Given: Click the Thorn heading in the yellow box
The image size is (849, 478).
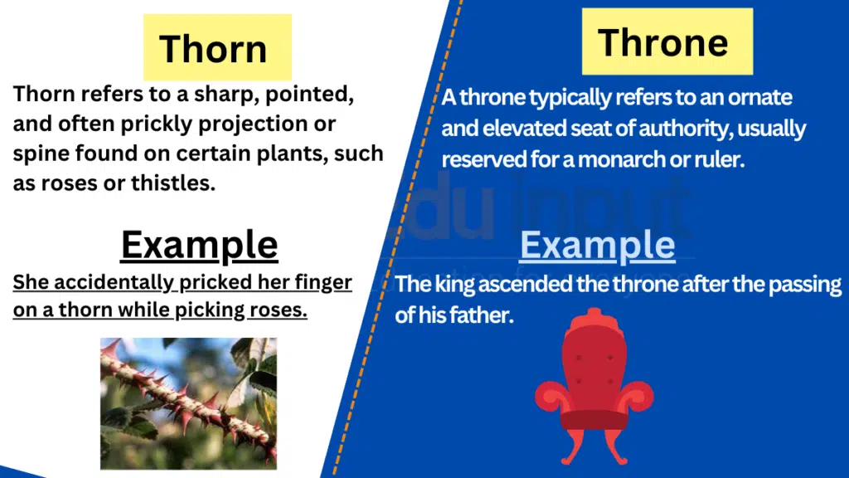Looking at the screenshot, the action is click(213, 49).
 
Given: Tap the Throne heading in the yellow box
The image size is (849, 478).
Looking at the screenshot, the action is click(662, 42).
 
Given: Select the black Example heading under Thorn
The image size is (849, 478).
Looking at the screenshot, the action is click(199, 245).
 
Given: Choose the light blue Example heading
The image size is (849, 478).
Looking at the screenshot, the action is click(597, 245).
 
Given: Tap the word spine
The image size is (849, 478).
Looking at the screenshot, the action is click(41, 154).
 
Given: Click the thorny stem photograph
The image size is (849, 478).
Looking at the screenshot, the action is click(188, 403).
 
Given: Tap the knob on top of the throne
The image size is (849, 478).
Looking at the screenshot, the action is click(594, 315).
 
